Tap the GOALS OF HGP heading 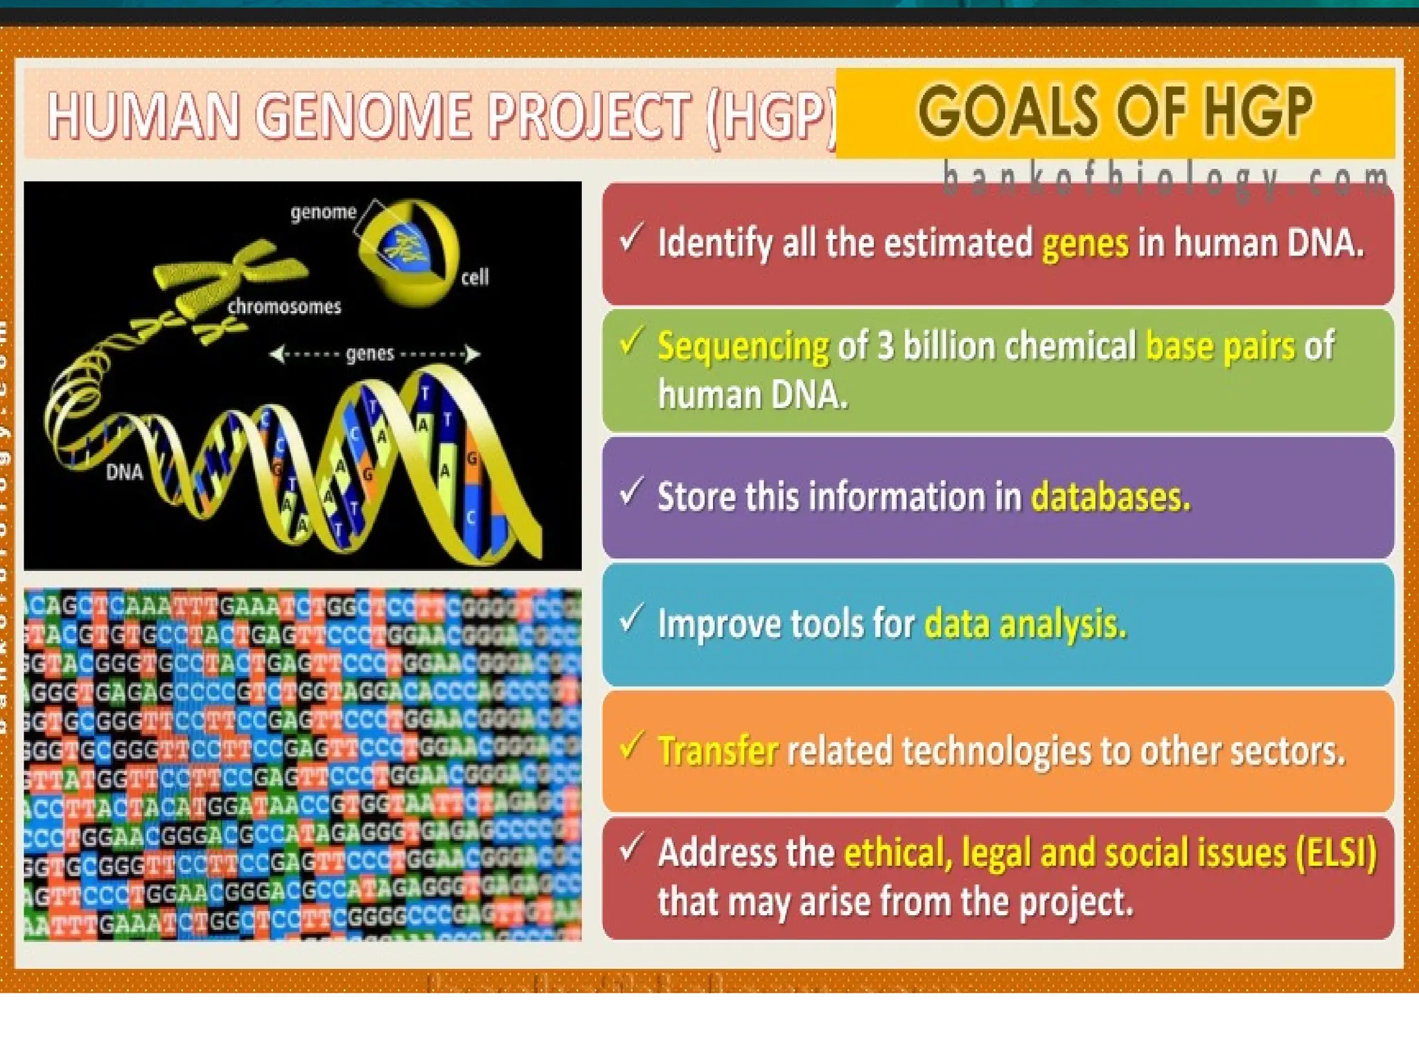[x=1115, y=111]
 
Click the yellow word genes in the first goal [x=1085, y=244]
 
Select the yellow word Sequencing [x=743, y=346]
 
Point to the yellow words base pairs [x=1219, y=346]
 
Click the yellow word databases [x=1111, y=497]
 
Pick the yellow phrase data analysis [x=1025, y=623]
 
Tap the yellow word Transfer [x=718, y=751]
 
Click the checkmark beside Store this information [x=631, y=492]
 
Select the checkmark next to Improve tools [x=631, y=619]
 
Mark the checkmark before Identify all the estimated [x=631, y=238]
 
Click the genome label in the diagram [x=323, y=212]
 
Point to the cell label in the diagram [x=475, y=277]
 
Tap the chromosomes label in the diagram [x=284, y=306]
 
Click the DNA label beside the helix [x=124, y=472]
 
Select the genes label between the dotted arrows [x=369, y=354]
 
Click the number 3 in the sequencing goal [x=885, y=346]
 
